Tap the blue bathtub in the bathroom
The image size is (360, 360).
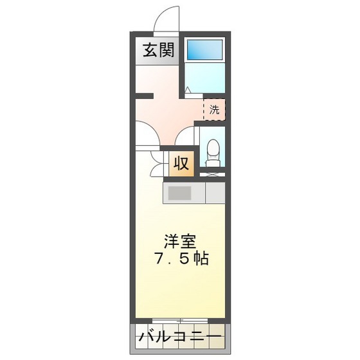point(204,50)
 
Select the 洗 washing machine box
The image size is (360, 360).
point(214,109)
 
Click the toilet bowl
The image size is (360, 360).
point(213,150)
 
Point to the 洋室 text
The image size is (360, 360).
point(179,242)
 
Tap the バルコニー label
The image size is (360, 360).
point(180,337)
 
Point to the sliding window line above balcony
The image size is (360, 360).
point(180,319)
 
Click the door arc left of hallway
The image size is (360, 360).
point(147,134)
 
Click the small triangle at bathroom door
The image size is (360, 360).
point(187,90)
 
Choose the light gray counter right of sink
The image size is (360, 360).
point(215,193)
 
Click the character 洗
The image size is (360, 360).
point(214,109)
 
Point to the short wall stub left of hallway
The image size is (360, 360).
point(144,97)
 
